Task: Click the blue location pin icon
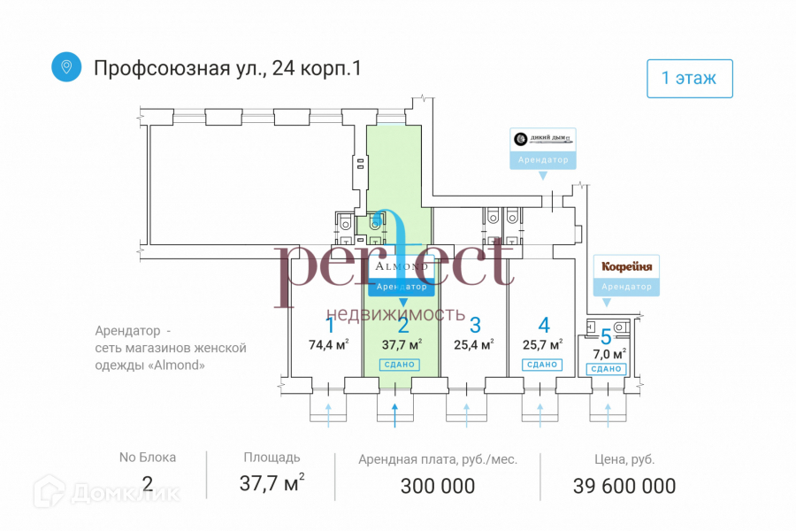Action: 65,66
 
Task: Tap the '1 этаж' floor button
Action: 690,78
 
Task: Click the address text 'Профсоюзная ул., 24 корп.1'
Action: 228,67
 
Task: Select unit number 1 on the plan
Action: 331,324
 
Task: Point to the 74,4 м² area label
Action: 328,345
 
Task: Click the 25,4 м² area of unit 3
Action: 473,345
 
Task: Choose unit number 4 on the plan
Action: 544,324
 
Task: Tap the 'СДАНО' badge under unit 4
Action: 541,365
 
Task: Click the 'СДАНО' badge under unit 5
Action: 606,368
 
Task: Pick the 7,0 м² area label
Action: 609,353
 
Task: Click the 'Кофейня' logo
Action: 627,266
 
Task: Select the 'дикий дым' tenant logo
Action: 543,139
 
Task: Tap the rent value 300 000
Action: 438,486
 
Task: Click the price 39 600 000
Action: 624,486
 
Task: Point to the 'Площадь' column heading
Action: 272,458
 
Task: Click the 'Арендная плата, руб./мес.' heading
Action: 438,459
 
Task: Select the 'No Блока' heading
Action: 148,458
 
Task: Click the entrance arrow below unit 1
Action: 329,412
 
